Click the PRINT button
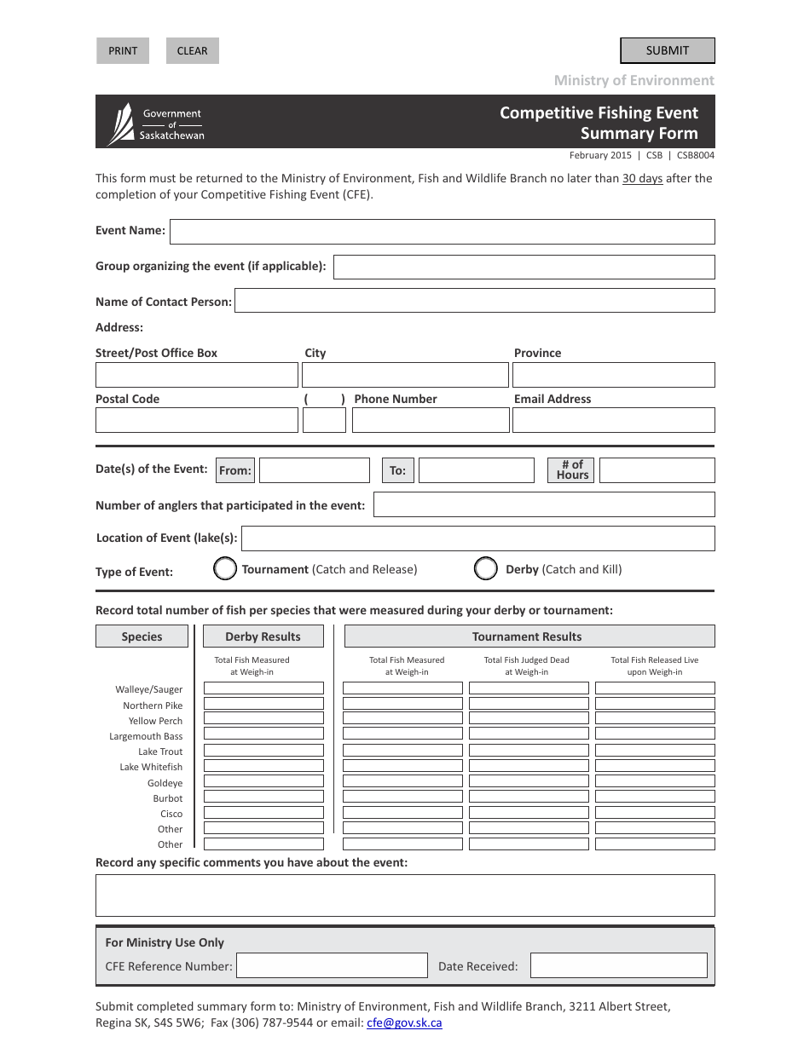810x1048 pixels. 123,51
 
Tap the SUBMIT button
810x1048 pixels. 667,51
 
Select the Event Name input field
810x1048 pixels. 442,232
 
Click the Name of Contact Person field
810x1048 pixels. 474,301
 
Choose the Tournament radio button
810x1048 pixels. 225,569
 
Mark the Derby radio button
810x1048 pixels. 486,569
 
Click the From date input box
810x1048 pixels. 314,470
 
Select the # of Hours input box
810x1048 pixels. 657,470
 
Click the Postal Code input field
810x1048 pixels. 197,420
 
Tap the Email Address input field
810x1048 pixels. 614,420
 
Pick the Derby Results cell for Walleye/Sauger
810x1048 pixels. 263,688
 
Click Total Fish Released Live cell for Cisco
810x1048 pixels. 655,813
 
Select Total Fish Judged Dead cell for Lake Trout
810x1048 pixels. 529,751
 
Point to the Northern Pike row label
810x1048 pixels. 153,705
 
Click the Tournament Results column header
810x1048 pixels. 529,636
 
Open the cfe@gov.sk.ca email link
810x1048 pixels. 404,1023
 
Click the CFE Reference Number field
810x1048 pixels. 332,965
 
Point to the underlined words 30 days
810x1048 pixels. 642,179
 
